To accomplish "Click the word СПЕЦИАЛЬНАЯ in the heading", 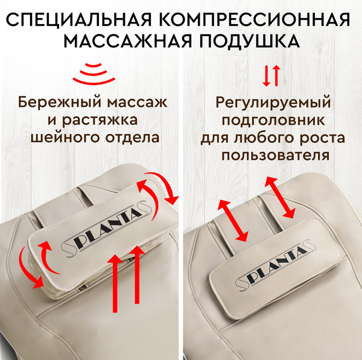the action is click(x=78, y=20).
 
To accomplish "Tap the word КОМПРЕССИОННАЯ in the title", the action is click(x=255, y=20).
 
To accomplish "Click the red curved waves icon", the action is click(x=94, y=73).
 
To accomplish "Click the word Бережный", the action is click(x=60, y=102).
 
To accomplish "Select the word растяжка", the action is click(x=100, y=121).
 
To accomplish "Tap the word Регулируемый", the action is click(x=273, y=103).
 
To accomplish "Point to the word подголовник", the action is click(x=273, y=120).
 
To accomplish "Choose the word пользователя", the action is click(x=275, y=156).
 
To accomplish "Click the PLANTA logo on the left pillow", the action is click(x=106, y=228).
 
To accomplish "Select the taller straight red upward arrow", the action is click(x=115, y=283).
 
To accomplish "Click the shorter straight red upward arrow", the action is click(x=137, y=274).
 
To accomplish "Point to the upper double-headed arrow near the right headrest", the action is click(x=280, y=197).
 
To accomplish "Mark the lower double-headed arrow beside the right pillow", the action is click(x=233, y=221).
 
